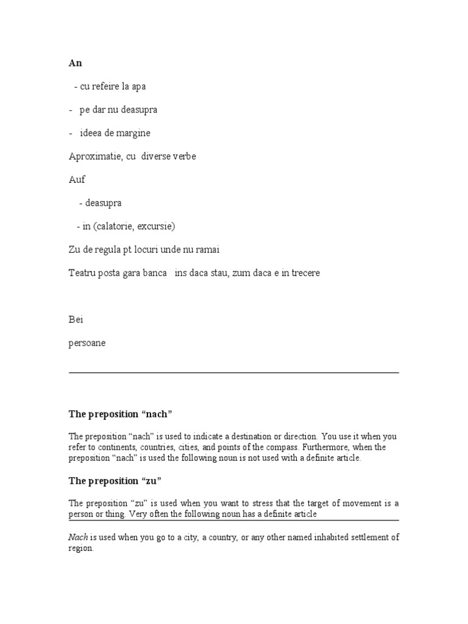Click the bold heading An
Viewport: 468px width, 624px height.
pyautogui.click(x=75, y=63)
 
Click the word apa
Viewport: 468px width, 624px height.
pyautogui.click(x=139, y=87)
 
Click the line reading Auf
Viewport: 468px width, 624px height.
pyautogui.click(x=77, y=180)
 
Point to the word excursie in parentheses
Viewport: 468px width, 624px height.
pyautogui.click(x=155, y=226)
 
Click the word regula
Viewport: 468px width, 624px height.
pyautogui.click(x=107, y=250)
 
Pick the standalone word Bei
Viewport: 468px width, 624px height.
pyautogui.click(x=76, y=319)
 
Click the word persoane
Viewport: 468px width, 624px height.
pyautogui.click(x=87, y=343)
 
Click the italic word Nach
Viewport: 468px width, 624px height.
pyautogui.click(x=78, y=537)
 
